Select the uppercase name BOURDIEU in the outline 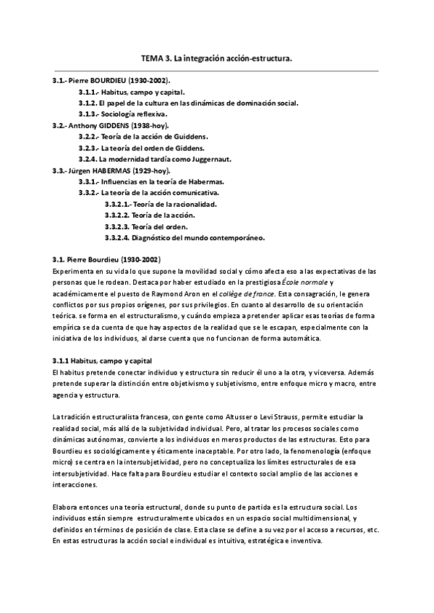106,80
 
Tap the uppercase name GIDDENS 111,125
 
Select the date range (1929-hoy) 151,170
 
